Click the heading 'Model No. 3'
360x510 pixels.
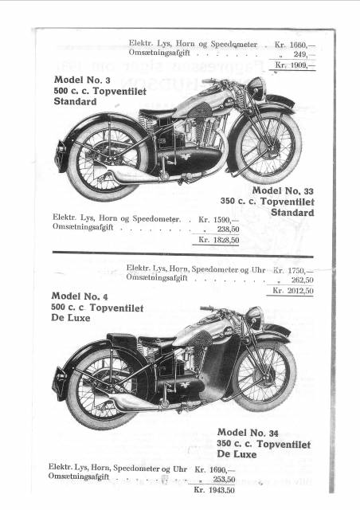(x=82, y=80)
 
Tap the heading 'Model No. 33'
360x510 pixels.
(x=283, y=190)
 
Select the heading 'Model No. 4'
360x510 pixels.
(x=80, y=296)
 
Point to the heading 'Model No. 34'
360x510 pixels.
(x=248, y=433)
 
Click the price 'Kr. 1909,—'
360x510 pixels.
(x=295, y=65)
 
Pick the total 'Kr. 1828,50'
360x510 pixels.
(x=219, y=240)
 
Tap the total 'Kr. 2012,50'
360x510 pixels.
(x=293, y=290)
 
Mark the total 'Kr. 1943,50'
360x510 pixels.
(x=214, y=490)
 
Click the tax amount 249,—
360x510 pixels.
(x=304, y=54)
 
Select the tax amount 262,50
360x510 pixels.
(x=303, y=280)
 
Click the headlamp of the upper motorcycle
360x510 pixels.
(x=256, y=88)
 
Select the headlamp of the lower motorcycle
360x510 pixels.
(x=253, y=317)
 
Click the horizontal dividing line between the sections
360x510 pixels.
(x=182, y=253)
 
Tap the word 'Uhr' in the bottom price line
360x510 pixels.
(x=180, y=469)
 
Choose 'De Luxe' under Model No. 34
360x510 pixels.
(x=237, y=454)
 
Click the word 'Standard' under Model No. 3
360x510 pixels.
(x=75, y=101)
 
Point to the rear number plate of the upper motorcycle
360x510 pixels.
(x=61, y=155)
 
